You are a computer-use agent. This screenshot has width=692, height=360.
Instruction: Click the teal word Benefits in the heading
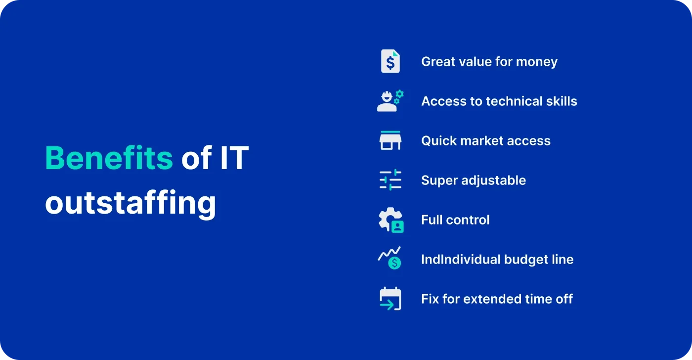[x=109, y=158]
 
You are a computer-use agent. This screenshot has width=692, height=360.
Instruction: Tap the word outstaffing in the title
[x=130, y=203]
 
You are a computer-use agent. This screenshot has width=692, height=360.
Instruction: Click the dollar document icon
[x=390, y=62]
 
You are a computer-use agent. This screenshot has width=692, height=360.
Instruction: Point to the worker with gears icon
[x=390, y=101]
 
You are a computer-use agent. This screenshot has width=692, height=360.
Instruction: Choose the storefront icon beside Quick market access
[x=390, y=140]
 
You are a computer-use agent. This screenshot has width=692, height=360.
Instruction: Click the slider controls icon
[x=390, y=180]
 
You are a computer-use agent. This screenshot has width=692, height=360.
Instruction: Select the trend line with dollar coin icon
[x=390, y=259]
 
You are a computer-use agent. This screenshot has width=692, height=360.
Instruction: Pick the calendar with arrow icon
[x=390, y=299]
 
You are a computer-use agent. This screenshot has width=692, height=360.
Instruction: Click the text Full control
[x=455, y=220]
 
